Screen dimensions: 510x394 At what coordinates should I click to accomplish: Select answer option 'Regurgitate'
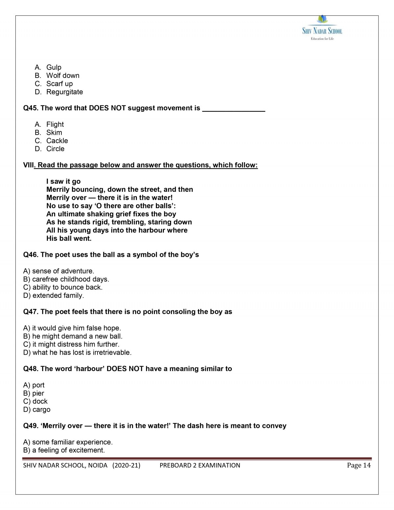coord(64,92)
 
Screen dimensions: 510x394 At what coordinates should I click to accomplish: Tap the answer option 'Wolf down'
coord(63,76)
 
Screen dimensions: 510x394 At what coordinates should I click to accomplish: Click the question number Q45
coord(31,108)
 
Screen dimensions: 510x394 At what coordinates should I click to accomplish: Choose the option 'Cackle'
coord(57,141)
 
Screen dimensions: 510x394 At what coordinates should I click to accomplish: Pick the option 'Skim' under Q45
coord(54,132)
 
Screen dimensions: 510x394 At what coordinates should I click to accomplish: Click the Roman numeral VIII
coord(28,165)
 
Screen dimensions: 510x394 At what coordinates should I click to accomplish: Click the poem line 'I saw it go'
coord(63,181)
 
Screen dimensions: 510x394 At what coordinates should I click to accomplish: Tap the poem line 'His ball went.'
coord(69,238)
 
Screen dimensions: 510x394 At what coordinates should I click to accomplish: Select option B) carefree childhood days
coord(66,279)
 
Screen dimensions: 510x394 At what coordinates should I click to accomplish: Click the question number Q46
coord(31,255)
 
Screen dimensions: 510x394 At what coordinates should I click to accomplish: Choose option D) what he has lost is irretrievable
coord(77,352)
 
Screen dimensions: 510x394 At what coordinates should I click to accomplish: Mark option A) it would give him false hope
coord(72,328)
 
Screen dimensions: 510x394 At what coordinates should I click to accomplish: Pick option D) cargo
coord(37,410)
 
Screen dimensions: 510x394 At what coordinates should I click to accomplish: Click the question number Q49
coord(31,426)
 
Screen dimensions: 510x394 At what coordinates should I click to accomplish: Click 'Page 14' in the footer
coord(359,465)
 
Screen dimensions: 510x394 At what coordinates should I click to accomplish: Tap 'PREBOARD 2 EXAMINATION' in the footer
coord(200,465)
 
